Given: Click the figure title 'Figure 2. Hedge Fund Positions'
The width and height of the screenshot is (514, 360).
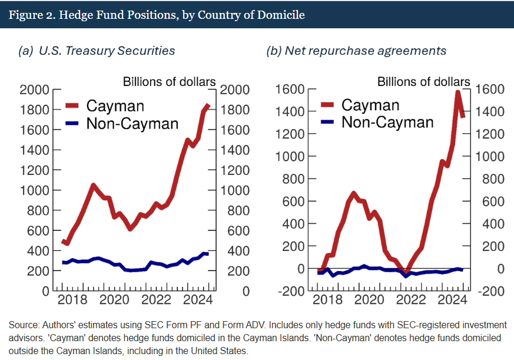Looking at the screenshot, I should [157, 15].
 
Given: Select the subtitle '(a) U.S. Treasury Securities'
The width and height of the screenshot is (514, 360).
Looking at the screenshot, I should [97, 51].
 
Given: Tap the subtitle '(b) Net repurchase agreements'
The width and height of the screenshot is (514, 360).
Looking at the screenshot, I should [356, 51].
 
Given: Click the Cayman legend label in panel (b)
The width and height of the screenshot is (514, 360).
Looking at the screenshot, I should [370, 105].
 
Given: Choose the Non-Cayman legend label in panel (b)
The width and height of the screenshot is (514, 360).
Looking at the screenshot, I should [387, 122].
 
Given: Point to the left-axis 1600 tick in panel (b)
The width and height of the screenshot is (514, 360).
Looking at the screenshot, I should [288, 89].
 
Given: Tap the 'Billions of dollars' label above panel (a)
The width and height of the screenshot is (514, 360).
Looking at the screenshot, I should [169, 81].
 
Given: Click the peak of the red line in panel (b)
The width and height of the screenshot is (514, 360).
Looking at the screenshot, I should [458, 93].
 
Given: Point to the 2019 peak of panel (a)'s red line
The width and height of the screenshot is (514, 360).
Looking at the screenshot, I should [93, 185].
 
